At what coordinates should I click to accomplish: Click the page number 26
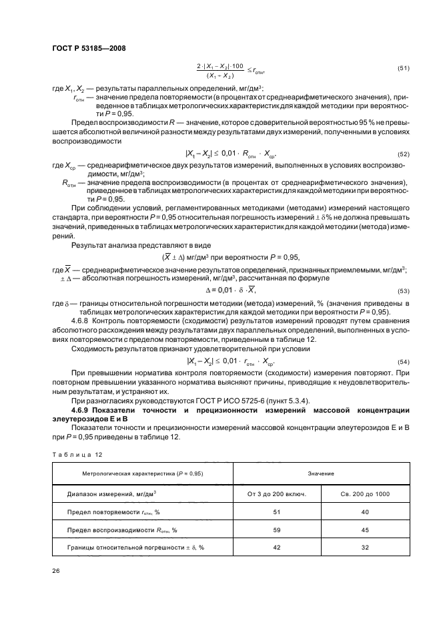[56, 571]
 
